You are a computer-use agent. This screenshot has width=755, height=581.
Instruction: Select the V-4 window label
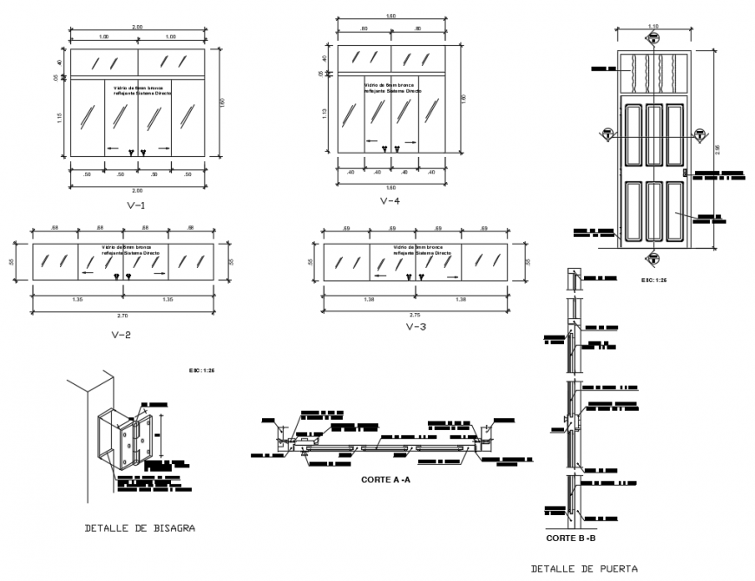[390, 201]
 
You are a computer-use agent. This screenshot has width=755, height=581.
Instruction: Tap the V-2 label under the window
[121, 333]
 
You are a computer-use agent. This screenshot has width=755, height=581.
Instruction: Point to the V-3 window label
[415, 327]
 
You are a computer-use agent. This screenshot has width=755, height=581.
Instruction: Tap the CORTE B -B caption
[570, 539]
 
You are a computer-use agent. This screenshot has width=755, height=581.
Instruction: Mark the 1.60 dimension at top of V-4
[391, 16]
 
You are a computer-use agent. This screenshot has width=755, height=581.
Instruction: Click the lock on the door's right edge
[686, 173]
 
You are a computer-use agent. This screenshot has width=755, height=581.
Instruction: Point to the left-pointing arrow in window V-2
[89, 272]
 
